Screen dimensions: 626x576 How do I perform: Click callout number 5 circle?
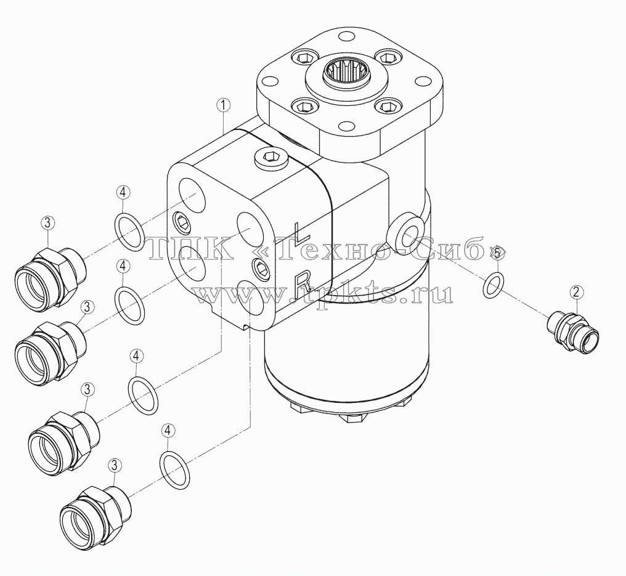[x=497, y=253]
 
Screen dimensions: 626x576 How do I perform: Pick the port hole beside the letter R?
[x=250, y=299]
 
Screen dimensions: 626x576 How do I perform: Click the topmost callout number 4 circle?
[x=123, y=193]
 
